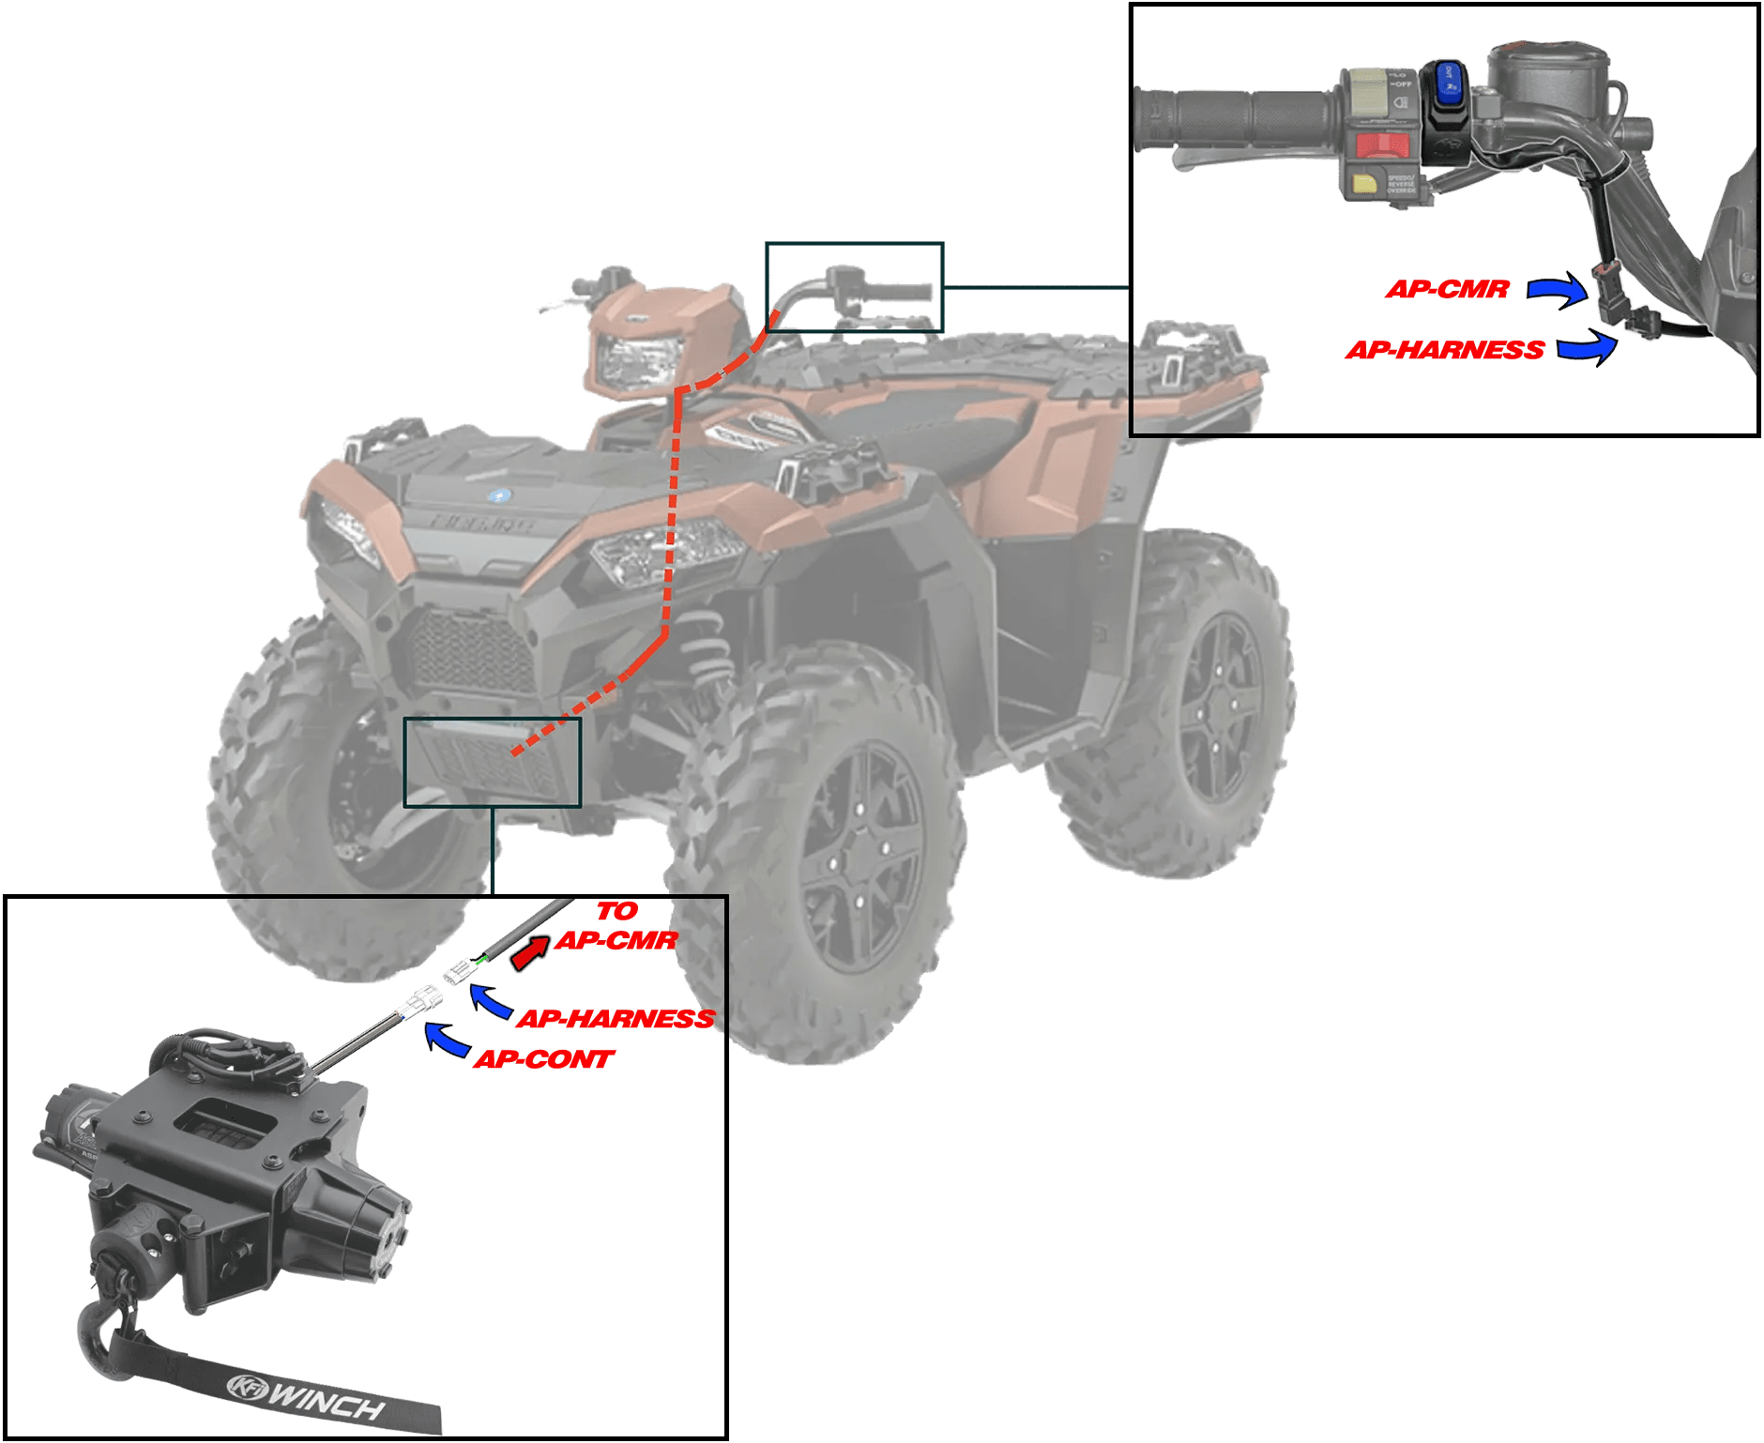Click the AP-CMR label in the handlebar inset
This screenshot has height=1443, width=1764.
(x=1447, y=289)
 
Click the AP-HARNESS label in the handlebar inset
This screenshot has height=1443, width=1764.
(x=1445, y=351)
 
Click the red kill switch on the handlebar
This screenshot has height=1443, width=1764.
(x=1381, y=145)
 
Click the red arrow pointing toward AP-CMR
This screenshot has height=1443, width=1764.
(x=530, y=953)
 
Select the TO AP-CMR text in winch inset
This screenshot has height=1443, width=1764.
(x=616, y=926)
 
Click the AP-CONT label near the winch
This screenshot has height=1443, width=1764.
(x=543, y=1060)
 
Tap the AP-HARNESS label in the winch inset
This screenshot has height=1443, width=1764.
(x=616, y=1019)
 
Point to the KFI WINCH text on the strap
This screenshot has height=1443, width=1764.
(x=310, y=1397)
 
